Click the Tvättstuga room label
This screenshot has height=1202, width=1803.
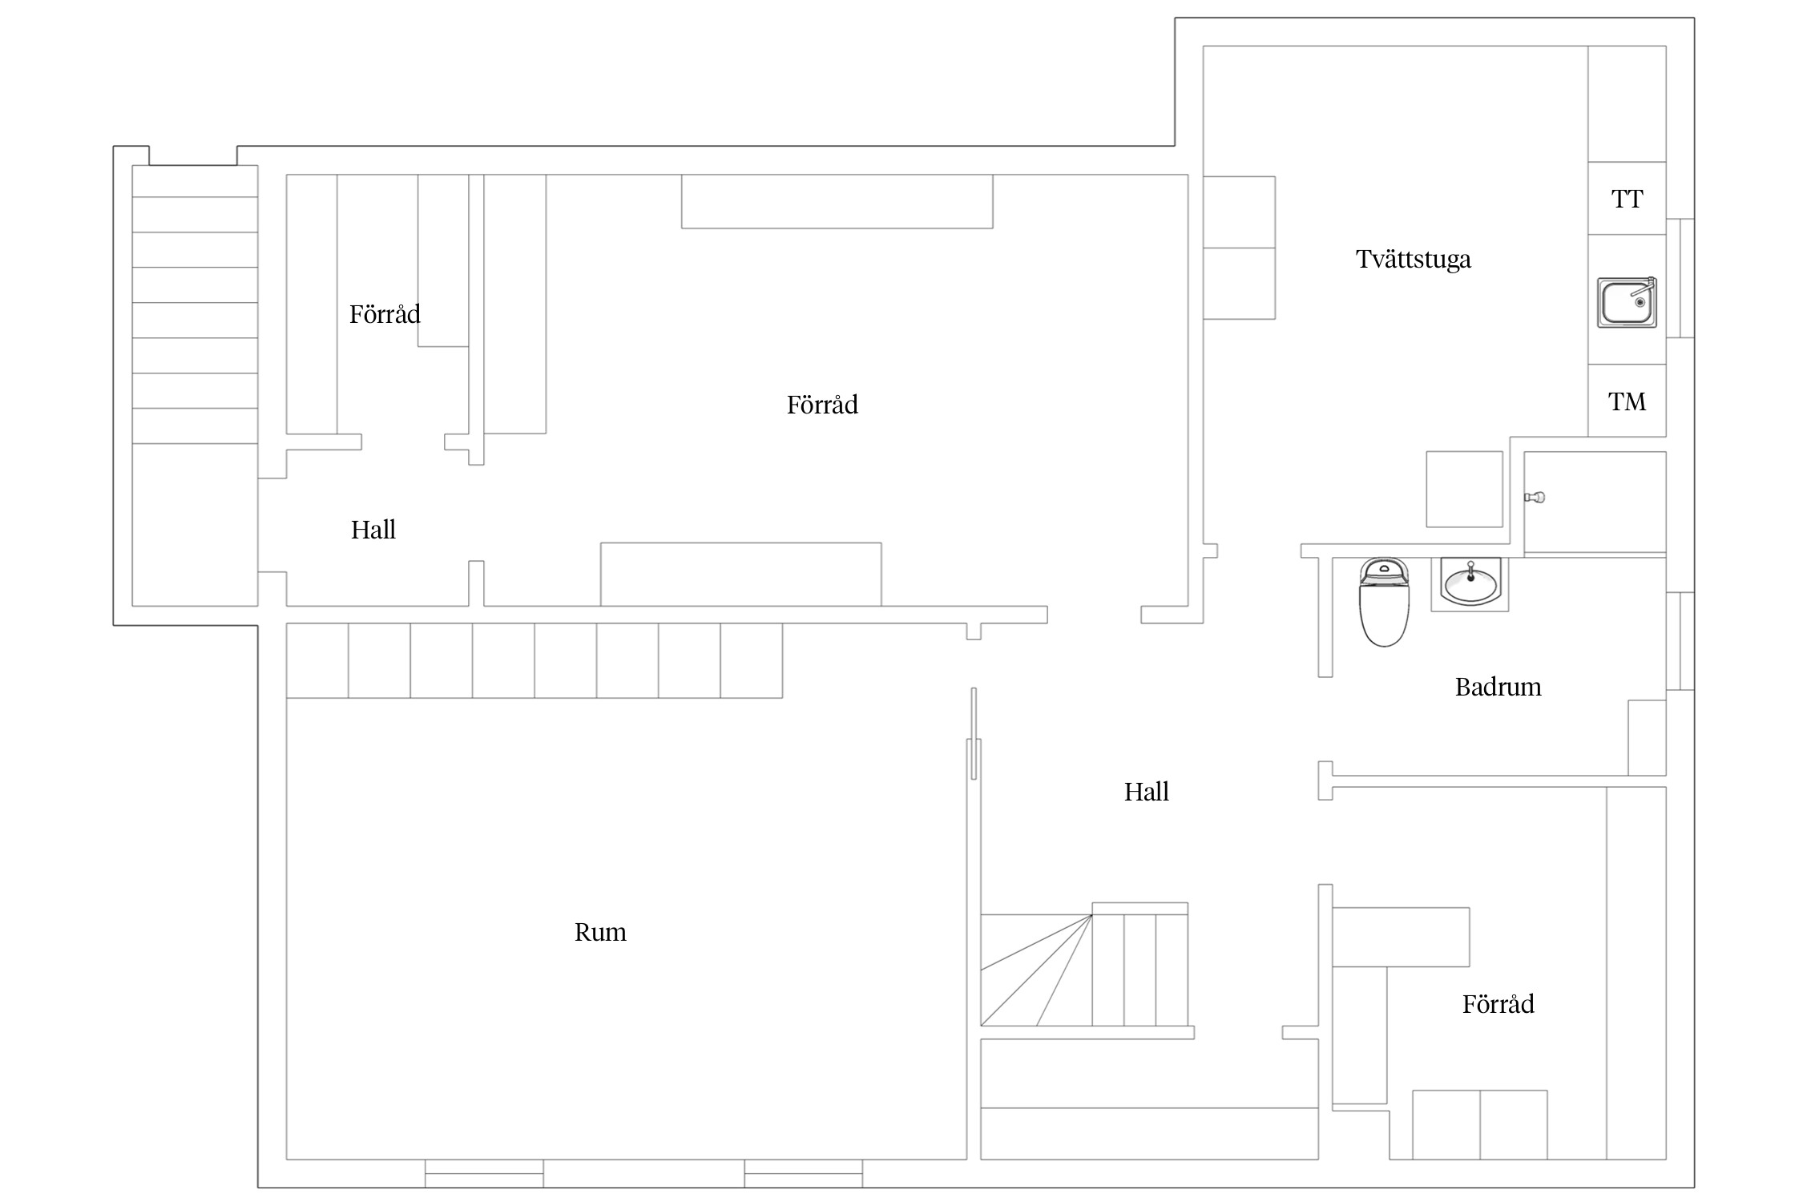[x=1414, y=260]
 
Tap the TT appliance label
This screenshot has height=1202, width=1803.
[x=1627, y=199]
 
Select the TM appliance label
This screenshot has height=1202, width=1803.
[x=1627, y=401]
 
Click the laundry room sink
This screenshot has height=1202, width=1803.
[x=1627, y=303]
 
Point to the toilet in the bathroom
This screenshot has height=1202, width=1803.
[x=1384, y=602]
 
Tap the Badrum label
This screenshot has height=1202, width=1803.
[x=1498, y=687]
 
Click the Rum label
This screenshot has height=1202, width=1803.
[x=600, y=932]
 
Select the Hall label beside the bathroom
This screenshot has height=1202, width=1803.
[x=1146, y=792]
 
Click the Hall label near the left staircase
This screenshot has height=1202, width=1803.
[x=373, y=530]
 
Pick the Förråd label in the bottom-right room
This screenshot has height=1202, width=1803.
[x=1498, y=1004]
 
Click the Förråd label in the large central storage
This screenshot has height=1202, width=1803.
[x=822, y=405]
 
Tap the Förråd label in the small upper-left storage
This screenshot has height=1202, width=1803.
[x=385, y=314]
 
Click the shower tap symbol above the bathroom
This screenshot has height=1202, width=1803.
[x=1534, y=498]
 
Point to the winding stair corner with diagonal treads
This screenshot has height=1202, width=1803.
[x=1036, y=970]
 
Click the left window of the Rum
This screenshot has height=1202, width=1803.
[x=484, y=1173]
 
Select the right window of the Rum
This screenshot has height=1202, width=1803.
[x=803, y=1173]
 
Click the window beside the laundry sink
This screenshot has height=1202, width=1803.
[x=1680, y=278]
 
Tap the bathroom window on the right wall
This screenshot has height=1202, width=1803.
[x=1680, y=641]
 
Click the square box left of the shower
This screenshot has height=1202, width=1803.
[x=1464, y=489]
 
